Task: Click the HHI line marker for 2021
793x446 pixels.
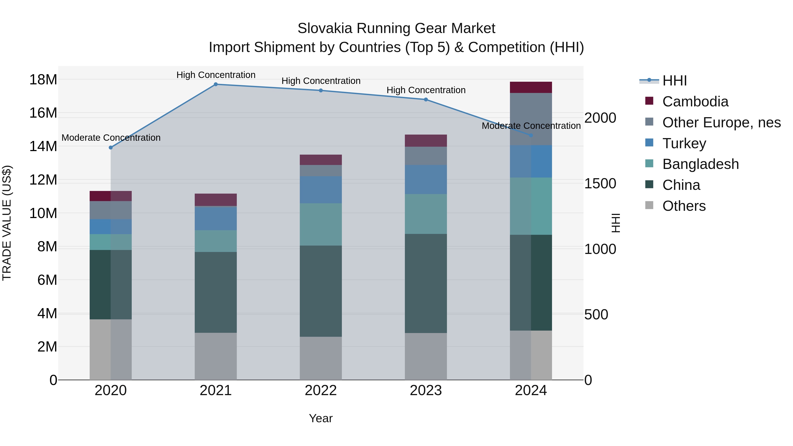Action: point(216,84)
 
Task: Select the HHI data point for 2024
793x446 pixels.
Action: point(531,135)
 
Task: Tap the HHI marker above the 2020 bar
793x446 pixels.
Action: point(111,148)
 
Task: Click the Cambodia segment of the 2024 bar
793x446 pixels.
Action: point(531,87)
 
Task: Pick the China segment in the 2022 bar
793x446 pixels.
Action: point(321,291)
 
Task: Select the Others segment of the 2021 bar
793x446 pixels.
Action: point(216,356)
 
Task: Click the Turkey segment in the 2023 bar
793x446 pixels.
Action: point(426,180)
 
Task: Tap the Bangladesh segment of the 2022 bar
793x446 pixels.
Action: point(321,224)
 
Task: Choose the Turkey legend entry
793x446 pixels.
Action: point(684,143)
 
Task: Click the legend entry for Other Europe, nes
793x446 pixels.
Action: point(721,122)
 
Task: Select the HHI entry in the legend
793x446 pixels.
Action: point(674,81)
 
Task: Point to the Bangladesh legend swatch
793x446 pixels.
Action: point(649,163)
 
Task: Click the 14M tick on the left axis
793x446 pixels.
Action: point(43,146)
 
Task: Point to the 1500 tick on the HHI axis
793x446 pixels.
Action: point(600,183)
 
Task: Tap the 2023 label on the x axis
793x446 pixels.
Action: point(426,390)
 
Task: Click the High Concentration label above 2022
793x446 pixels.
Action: point(321,81)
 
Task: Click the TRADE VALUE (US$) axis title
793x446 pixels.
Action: point(7,223)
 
